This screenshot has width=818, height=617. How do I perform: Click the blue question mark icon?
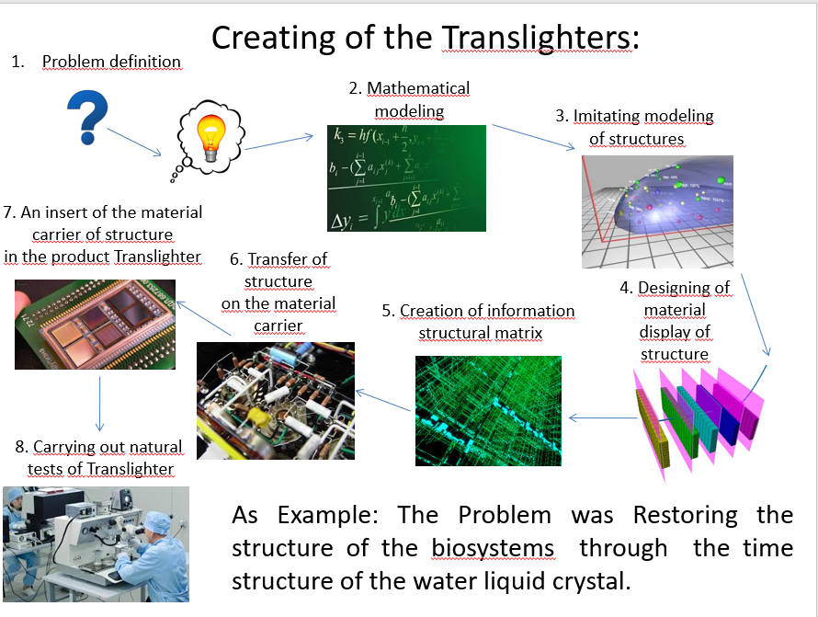point(87,118)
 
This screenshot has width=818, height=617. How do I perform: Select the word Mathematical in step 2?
point(418,88)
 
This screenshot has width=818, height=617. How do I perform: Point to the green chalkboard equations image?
point(406,178)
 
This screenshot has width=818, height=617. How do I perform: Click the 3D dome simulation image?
point(657,211)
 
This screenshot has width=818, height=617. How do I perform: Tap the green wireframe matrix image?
point(488,411)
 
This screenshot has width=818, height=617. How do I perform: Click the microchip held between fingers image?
point(95,325)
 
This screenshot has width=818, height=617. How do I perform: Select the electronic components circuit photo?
point(276,401)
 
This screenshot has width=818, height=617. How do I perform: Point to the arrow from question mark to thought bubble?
point(134,142)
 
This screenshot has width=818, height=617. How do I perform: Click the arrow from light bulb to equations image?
point(278,143)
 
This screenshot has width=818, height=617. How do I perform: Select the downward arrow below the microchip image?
point(99,404)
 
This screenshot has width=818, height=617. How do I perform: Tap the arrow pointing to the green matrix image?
point(603,417)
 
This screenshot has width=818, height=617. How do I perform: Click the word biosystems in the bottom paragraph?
point(493,548)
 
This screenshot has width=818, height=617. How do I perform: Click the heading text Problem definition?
point(111,62)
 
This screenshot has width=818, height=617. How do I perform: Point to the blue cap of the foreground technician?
point(157,521)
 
